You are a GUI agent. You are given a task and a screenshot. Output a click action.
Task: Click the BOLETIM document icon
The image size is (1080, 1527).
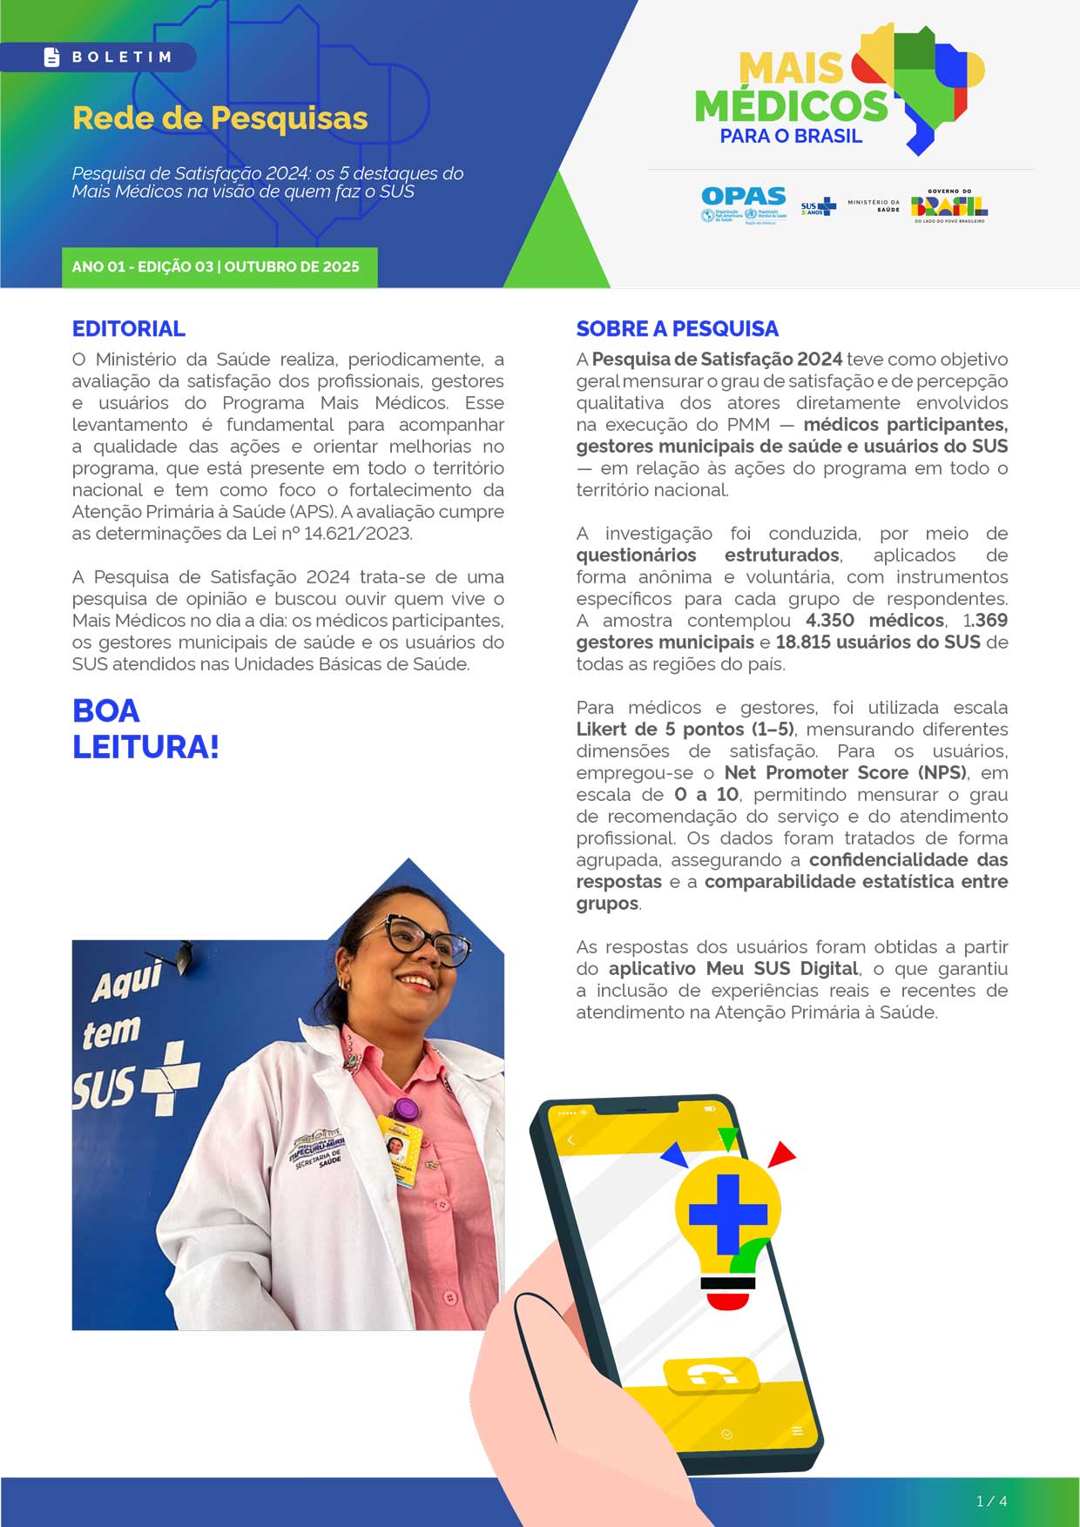point(52,57)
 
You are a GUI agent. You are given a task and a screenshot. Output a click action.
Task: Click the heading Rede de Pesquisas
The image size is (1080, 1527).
point(219,118)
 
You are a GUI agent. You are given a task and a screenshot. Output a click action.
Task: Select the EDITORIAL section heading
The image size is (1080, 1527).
point(128,328)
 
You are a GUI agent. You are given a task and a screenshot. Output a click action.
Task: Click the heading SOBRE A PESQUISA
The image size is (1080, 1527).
point(677,328)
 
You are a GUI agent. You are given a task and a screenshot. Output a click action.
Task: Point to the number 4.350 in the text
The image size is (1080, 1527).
point(829,621)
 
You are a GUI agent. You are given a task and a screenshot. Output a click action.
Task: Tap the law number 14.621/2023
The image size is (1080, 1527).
point(357,534)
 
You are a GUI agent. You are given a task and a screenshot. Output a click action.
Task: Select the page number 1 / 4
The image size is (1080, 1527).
point(991,1501)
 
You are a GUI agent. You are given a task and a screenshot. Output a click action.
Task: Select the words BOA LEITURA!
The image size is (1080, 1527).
point(145,729)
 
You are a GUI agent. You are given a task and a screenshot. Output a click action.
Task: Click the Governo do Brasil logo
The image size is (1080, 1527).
point(948,206)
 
